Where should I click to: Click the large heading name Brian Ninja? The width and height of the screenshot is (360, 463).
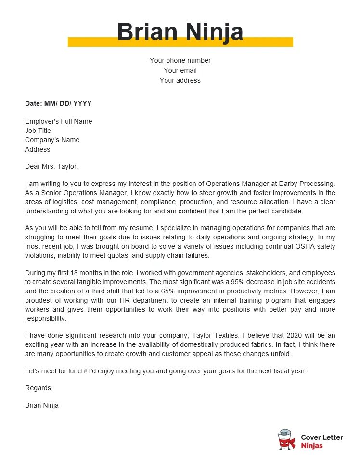click(180, 32)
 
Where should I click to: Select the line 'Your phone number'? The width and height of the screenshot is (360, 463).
click(180, 60)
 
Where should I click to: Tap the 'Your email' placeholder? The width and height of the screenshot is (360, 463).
click(180, 70)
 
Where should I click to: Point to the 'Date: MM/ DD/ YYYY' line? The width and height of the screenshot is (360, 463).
click(58, 103)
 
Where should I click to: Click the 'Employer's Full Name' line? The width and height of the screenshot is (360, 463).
click(58, 121)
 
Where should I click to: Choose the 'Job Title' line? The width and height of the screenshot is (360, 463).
click(38, 131)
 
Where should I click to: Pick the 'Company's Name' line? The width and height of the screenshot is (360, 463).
click(52, 140)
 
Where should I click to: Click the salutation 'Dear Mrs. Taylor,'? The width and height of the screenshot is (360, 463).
click(51, 167)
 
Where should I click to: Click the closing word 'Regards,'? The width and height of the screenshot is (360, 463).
click(39, 388)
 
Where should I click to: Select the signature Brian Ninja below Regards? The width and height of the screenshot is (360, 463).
click(42, 405)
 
